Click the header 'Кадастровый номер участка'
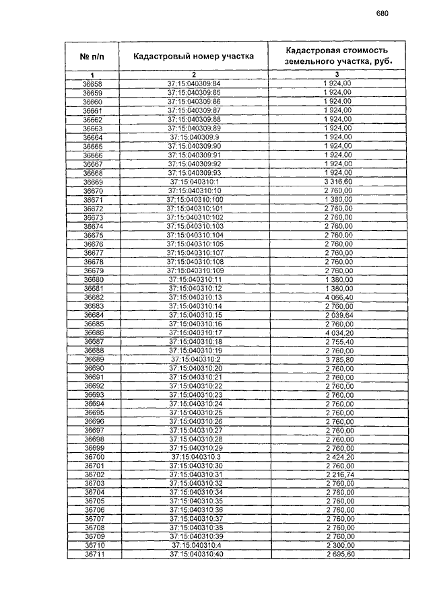point(193,57)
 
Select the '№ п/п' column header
point(92,57)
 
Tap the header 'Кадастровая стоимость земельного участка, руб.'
point(337,57)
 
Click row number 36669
point(93,182)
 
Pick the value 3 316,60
point(338,182)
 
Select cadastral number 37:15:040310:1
point(194,182)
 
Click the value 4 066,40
point(338,297)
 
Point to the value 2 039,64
point(338,315)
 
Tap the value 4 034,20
point(338,332)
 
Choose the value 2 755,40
point(338,341)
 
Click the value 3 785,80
point(338,359)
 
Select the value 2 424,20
point(338,457)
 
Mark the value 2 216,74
point(338,474)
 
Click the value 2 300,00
point(338,545)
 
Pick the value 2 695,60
point(338,554)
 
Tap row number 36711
point(93,554)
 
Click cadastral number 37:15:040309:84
point(194,83)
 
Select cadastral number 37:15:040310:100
point(194,200)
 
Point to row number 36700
point(93,457)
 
